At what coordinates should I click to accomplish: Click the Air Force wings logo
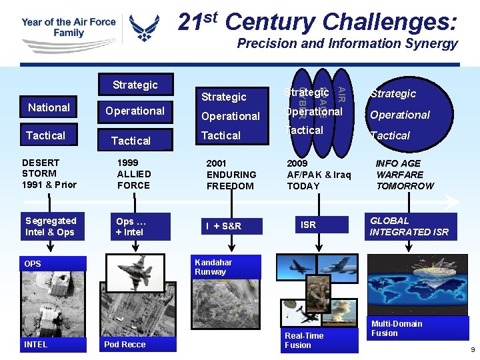tap(144, 28)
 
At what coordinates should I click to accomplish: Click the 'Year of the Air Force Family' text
tap(69, 27)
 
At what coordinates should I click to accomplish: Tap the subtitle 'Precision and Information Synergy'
tap(347, 44)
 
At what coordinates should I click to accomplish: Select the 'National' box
tap(49, 107)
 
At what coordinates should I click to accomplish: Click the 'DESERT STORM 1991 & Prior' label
tap(49, 173)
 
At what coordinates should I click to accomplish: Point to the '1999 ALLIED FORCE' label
tap(134, 173)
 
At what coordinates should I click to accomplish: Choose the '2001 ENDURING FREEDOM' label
tap(231, 175)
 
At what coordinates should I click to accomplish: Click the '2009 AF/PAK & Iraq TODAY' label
tap(318, 175)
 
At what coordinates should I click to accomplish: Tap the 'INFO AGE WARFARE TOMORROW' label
tap(404, 175)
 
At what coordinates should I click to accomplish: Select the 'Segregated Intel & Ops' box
tap(51, 227)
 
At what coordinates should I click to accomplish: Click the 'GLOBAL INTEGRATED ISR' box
tap(409, 227)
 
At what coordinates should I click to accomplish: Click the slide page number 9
tap(472, 350)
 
